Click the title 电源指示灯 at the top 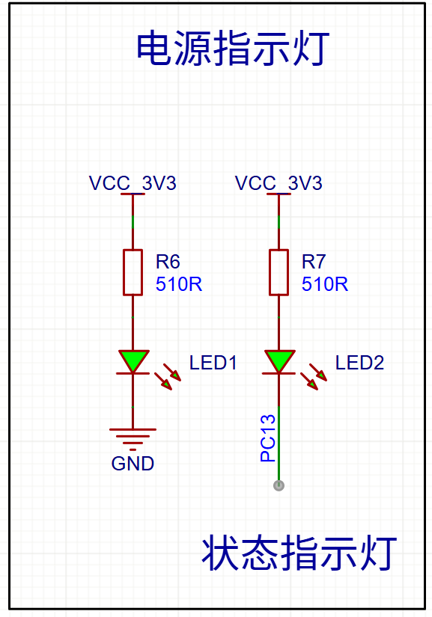coord(233,49)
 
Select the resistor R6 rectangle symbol coord(133,272)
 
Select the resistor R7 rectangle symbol coord(279,272)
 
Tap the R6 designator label coord(168,262)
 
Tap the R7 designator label coord(314,262)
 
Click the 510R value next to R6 coord(179,284)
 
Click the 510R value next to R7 coord(325,284)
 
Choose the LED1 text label coord(213,363)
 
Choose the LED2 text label coord(359,363)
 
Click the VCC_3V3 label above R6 coord(133,183)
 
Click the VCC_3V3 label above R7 coord(279,183)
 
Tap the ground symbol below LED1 coord(133,439)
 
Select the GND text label coord(133,464)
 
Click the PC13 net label coord(268,438)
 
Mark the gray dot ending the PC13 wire coord(279,485)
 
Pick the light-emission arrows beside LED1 coord(168,377)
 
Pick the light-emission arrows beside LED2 coord(314,377)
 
